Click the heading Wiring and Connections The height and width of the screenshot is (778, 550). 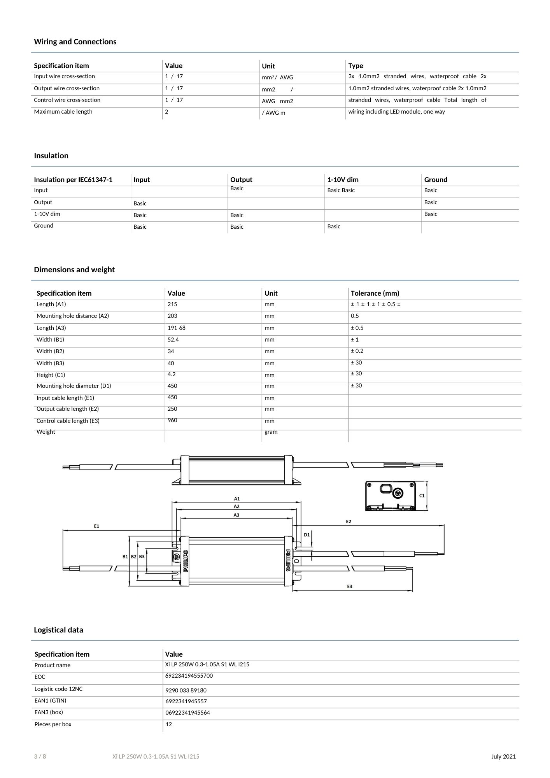(75, 42)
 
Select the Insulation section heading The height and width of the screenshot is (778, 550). (51, 156)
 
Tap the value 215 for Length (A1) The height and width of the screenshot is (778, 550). (172, 305)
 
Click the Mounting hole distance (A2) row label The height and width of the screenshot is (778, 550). (73, 316)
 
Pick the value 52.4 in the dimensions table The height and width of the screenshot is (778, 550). (173, 340)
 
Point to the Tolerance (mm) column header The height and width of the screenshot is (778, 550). (375, 293)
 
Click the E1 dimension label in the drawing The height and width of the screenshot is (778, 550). (96, 526)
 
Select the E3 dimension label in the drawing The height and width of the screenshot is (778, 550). (350, 587)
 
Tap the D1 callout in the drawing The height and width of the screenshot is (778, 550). (307, 535)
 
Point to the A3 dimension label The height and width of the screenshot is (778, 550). (236, 515)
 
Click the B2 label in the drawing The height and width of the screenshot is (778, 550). (133, 557)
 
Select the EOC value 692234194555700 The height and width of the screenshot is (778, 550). (189, 676)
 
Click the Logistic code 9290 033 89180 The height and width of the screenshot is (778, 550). (186, 690)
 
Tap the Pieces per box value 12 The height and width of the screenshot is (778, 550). (169, 724)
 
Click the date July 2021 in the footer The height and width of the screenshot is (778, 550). (503, 757)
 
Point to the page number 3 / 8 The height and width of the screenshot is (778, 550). (40, 757)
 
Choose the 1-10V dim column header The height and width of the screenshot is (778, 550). (343, 180)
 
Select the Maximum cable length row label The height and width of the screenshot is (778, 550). (63, 112)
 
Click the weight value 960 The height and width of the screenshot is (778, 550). (172, 421)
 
